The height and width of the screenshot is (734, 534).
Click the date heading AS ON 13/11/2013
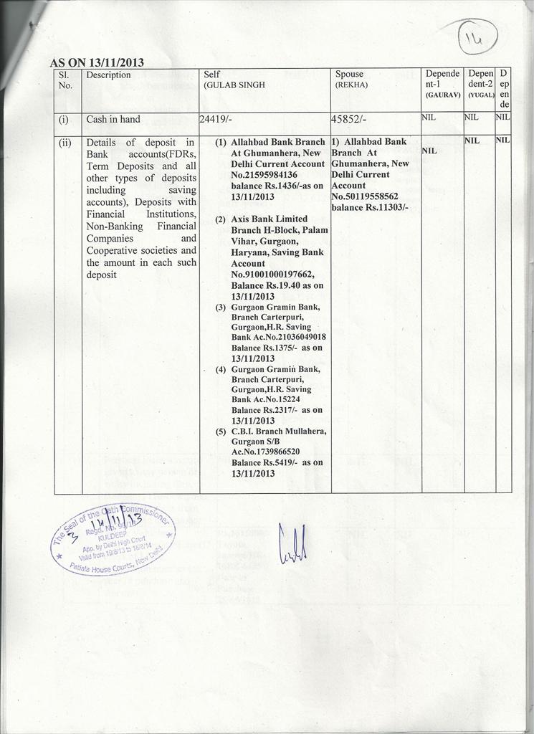click(x=96, y=62)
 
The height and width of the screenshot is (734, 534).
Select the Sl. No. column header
click(x=65, y=80)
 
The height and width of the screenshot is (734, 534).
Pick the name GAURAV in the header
click(x=442, y=95)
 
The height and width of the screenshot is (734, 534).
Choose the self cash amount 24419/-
click(x=215, y=120)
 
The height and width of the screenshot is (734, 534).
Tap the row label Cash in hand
click(x=113, y=119)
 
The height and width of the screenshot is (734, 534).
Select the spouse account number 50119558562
click(x=365, y=196)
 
